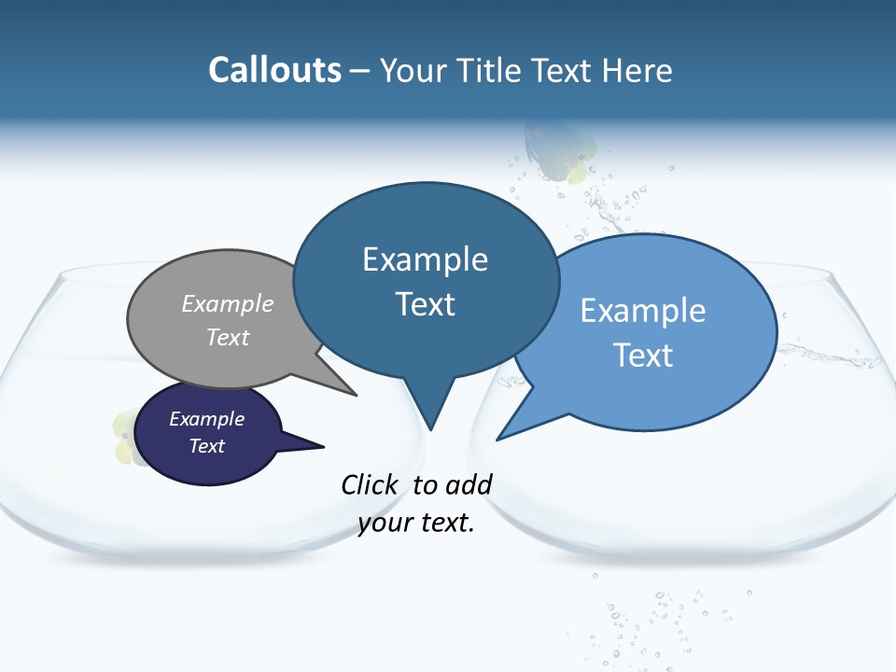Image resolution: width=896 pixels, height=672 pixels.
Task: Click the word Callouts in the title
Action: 274,70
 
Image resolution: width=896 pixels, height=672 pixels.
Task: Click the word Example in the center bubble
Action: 425,259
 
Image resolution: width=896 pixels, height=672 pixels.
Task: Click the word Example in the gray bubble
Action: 228,303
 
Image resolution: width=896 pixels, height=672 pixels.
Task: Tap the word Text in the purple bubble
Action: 206,446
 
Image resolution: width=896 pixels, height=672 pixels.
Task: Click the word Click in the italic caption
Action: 371,484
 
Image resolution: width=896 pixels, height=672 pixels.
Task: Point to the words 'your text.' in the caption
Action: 416,523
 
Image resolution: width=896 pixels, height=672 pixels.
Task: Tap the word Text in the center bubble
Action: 425,303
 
